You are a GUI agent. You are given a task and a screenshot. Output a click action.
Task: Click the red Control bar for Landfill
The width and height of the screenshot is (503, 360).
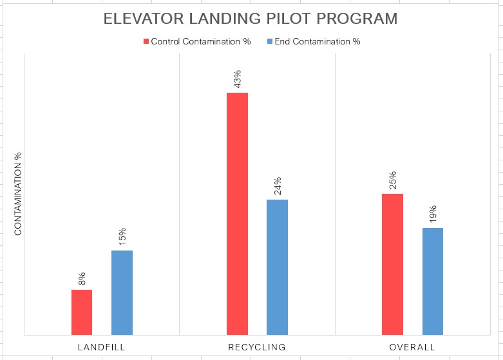tap(82, 312)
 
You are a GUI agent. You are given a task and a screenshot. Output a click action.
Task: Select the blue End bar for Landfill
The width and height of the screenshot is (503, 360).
tap(122, 292)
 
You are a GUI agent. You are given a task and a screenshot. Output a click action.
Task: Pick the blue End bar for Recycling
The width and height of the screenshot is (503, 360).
tap(277, 267)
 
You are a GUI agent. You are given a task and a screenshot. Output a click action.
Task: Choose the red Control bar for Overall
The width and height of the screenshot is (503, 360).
tap(392, 264)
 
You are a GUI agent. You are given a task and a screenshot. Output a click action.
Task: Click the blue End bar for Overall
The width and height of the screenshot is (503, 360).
tap(433, 281)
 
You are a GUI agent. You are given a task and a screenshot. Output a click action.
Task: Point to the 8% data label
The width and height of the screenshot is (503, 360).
tap(82, 279)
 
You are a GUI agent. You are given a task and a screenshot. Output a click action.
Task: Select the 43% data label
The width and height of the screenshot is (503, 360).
tap(237, 79)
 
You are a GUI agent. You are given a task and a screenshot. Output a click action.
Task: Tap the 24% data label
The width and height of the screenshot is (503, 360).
tap(277, 186)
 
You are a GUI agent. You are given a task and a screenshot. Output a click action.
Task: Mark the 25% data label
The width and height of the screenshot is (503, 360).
tap(392, 180)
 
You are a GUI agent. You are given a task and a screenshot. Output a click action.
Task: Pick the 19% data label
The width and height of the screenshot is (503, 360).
tap(433, 214)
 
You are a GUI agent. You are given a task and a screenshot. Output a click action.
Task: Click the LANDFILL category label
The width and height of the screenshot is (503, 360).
tap(101, 347)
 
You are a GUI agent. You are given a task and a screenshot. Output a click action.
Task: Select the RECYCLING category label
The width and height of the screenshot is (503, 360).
tap(257, 347)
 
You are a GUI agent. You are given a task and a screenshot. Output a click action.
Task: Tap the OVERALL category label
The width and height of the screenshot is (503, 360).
tap(412, 347)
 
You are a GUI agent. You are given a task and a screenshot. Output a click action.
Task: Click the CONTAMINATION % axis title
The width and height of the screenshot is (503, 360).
tap(18, 194)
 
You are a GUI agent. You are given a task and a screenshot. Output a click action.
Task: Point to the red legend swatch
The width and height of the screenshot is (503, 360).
tap(146, 42)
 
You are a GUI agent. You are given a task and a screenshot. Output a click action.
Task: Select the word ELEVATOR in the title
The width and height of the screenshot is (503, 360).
tap(141, 19)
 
